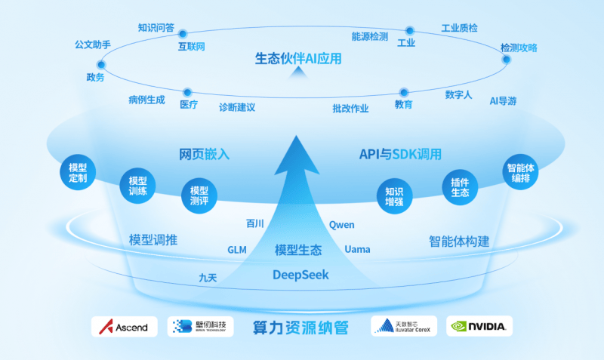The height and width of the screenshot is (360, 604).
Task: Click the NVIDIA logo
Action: tap(479, 326)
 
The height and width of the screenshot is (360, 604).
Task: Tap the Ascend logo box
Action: tap(125, 326)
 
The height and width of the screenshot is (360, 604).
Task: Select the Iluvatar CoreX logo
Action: tap(404, 326)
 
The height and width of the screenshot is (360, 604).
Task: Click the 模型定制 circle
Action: tap(78, 173)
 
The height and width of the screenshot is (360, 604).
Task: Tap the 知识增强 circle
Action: tap(395, 195)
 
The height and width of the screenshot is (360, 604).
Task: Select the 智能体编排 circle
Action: tap(519, 173)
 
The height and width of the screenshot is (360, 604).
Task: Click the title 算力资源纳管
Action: tap(300, 328)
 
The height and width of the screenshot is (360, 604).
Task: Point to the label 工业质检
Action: tap(459, 28)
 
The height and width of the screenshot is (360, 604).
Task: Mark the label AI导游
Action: tap(503, 100)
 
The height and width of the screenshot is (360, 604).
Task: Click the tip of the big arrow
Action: tap(302, 134)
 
